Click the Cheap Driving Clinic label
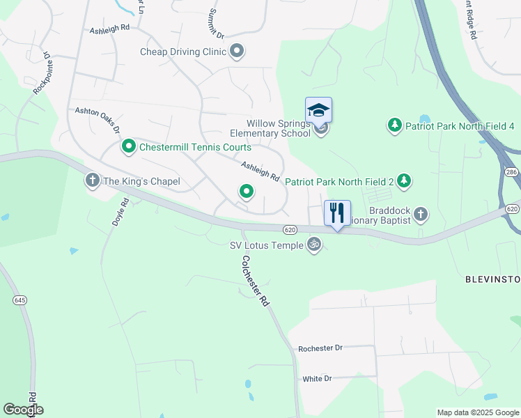click(x=183, y=52)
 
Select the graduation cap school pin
click(x=318, y=111)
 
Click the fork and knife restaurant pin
click(x=337, y=213)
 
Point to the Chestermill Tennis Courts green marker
click(x=128, y=147)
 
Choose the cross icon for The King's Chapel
click(x=92, y=181)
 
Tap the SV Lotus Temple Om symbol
click(x=314, y=245)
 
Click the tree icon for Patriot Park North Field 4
click(x=395, y=125)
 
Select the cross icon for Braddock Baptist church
click(x=420, y=213)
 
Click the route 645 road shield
click(x=19, y=300)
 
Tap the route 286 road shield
click(x=511, y=171)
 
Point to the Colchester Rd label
click(x=256, y=281)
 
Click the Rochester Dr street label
click(x=320, y=348)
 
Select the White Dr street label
click(x=317, y=379)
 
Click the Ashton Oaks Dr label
click(x=98, y=121)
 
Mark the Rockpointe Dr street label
click(x=42, y=72)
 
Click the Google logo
click(x=23, y=410)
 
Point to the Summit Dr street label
click(x=215, y=24)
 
